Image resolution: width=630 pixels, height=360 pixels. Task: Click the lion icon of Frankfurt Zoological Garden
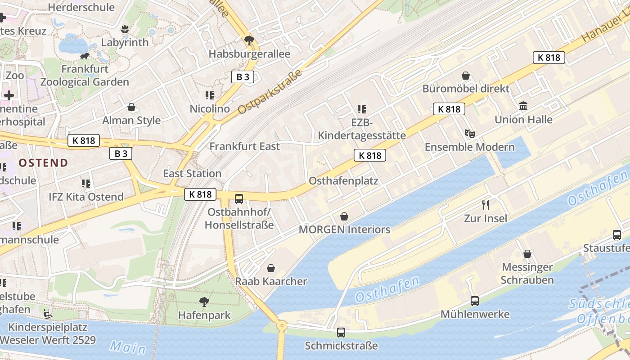[84, 56]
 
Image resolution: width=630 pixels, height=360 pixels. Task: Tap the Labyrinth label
[125, 42]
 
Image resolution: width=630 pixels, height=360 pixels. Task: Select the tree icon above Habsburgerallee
[249, 40]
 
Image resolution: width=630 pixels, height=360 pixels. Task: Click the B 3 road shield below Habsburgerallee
[243, 77]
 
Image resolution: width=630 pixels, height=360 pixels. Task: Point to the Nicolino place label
[210, 109]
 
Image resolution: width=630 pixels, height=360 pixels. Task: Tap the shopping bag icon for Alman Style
[131, 107]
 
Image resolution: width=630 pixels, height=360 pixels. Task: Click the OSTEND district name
[43, 163]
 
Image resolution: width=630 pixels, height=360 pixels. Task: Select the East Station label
[192, 174]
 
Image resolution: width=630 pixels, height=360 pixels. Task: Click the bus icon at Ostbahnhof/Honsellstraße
[239, 198]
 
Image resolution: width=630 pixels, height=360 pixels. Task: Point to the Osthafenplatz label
[343, 181]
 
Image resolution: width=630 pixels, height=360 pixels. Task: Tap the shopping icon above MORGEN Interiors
[344, 216]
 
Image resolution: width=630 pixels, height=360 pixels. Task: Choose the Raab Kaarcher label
[271, 281]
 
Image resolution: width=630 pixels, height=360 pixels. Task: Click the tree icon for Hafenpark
[204, 301]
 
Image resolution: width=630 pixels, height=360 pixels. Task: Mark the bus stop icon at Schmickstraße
[341, 333]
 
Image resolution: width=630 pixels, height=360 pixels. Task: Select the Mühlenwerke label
[475, 314]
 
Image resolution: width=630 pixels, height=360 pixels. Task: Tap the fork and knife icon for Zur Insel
[486, 205]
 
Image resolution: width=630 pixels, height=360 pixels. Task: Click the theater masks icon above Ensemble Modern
[469, 133]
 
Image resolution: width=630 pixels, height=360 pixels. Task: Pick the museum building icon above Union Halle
[523, 106]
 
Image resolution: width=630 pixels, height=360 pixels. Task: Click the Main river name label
[128, 347]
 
